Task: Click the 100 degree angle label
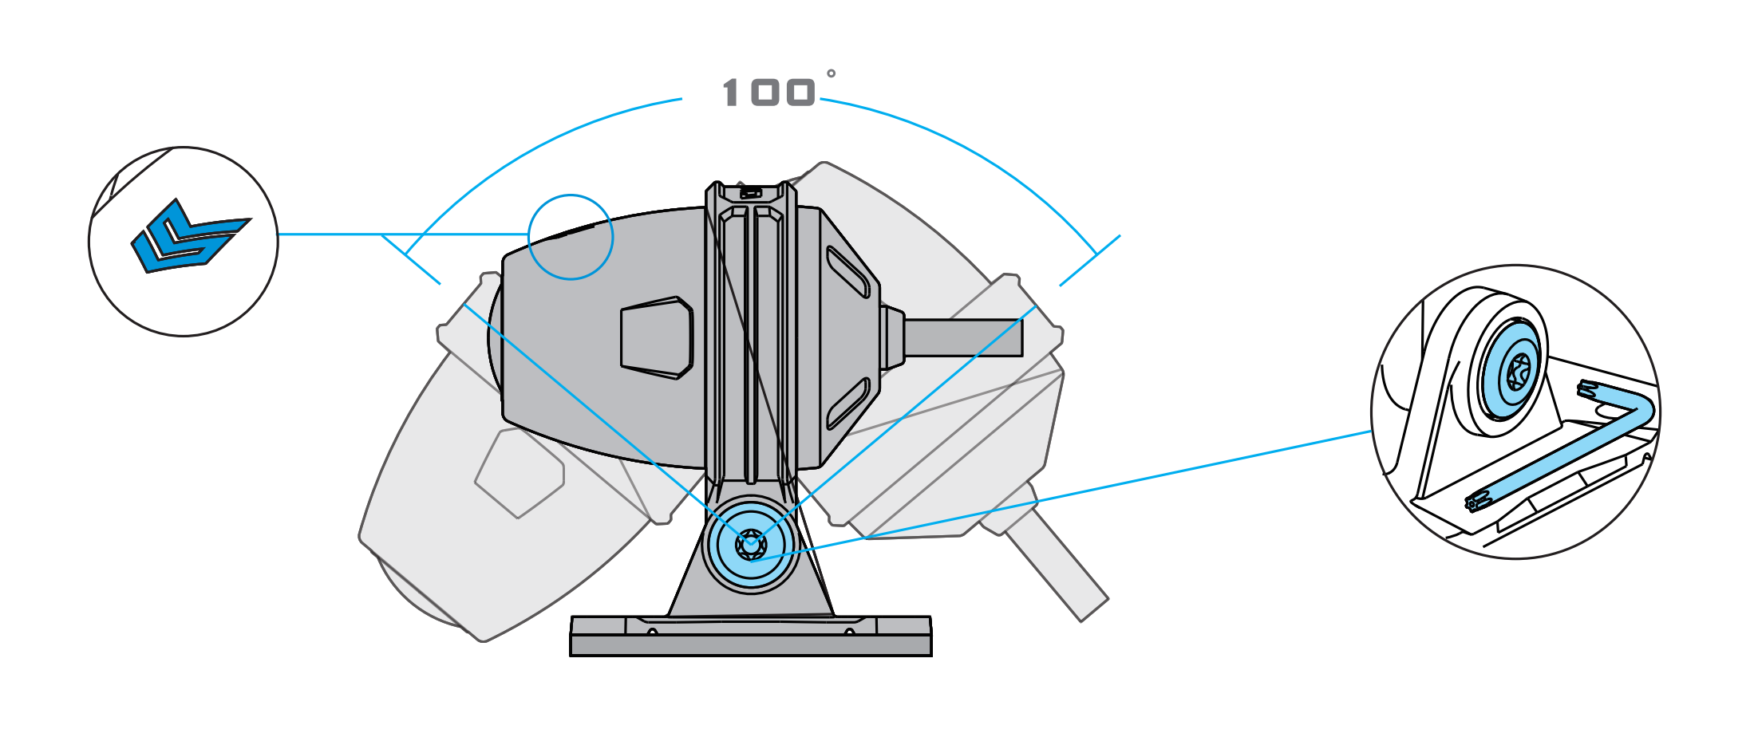click(768, 93)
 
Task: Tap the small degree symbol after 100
click(831, 74)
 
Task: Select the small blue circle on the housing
click(571, 237)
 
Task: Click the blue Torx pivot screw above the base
click(750, 545)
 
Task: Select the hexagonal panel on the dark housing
click(656, 337)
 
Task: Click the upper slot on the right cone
click(848, 272)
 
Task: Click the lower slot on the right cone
click(848, 403)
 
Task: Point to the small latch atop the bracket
click(750, 193)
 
